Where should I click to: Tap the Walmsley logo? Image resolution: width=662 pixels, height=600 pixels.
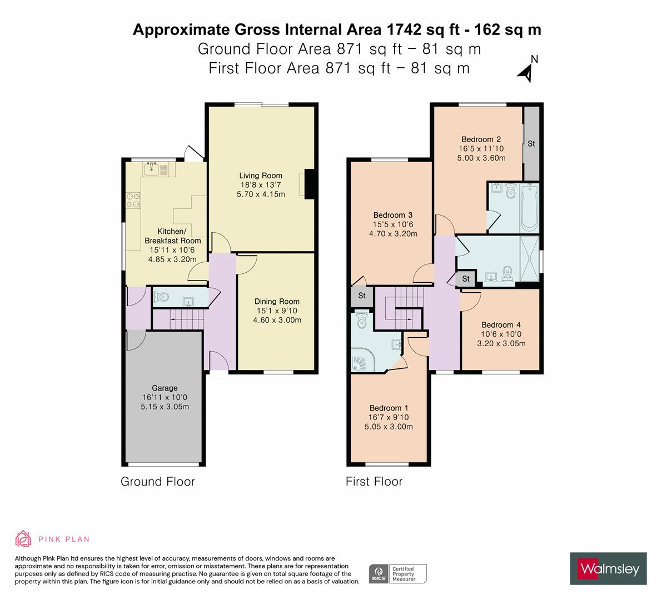[609, 568]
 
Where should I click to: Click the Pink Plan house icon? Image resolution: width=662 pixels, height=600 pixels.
[23, 538]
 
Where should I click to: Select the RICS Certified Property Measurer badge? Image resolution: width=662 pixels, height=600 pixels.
[398, 573]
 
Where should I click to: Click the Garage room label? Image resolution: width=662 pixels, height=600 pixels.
[165, 388]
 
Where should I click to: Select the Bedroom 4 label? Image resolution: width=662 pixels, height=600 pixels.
[501, 325]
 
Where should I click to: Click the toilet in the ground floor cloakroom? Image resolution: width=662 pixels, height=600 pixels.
[161, 298]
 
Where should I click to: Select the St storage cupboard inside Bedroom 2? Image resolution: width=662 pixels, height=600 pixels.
[531, 143]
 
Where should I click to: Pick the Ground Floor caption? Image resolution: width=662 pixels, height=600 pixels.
[158, 481]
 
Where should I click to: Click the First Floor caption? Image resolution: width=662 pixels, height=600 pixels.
[374, 481]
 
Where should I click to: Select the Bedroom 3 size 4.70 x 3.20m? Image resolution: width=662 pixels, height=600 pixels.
[393, 233]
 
